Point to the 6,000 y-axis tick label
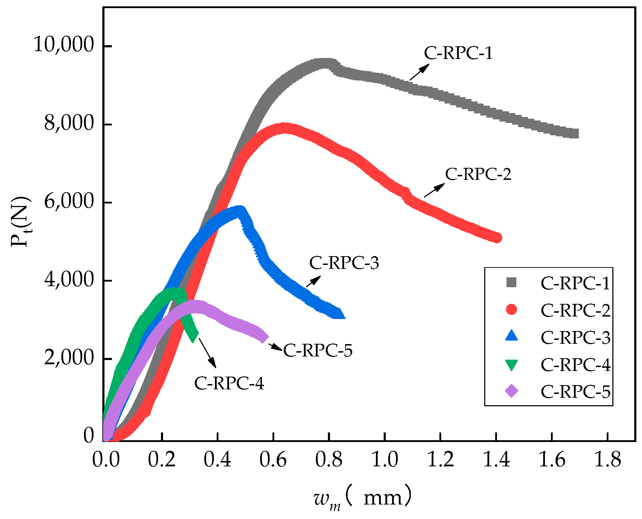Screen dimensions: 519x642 tap(69, 201)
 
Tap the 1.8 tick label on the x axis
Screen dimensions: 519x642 tap(607, 460)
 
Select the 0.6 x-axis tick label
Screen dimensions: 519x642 tap(273, 460)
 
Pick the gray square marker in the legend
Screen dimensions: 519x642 tap(511, 282)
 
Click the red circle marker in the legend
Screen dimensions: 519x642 tap(511, 309)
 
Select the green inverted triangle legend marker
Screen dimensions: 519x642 tap(511, 365)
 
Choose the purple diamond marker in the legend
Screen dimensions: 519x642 tap(511, 391)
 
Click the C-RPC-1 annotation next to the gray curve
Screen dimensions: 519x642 tap(458, 53)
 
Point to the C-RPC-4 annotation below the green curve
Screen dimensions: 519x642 tap(229, 383)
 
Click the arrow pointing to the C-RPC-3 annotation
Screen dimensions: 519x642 tap(313, 282)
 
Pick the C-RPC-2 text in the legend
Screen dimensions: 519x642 tap(575, 310)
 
